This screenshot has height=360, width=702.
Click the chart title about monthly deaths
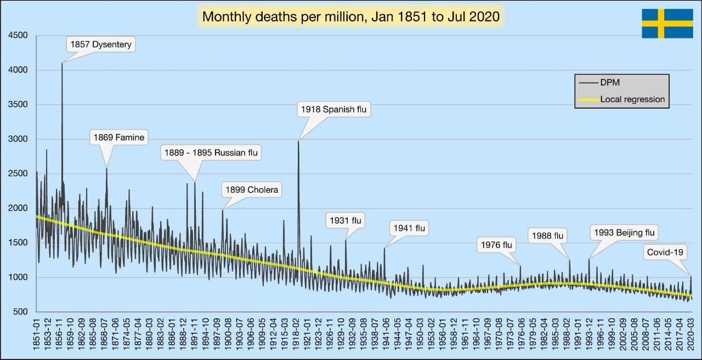(351, 16)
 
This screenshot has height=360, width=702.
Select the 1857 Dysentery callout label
(101, 44)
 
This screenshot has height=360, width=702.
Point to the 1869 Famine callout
(118, 138)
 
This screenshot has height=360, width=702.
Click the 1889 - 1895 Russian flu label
(211, 153)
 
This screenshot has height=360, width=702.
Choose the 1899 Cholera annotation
(252, 190)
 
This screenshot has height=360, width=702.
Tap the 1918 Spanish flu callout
(333, 109)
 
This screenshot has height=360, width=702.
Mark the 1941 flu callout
(409, 228)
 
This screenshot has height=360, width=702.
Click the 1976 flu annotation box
(496, 245)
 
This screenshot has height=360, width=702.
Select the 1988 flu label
(547, 236)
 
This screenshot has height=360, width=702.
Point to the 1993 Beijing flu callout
(624, 233)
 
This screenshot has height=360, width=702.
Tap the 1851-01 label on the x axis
(37, 335)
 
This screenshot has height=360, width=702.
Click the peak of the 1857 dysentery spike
(62, 63)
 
